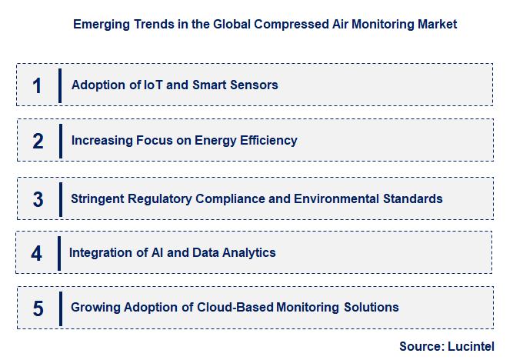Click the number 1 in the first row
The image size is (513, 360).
pyautogui.click(x=36, y=85)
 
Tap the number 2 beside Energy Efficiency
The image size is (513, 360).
pyautogui.click(x=38, y=141)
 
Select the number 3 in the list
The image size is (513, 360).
pyautogui.click(x=38, y=198)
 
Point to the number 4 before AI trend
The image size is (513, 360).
pyautogui.click(x=37, y=253)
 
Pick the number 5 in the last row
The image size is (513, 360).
pyautogui.click(x=38, y=308)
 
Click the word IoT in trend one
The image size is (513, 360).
pyautogui.click(x=153, y=85)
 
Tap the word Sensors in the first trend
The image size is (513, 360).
pyautogui.click(x=253, y=85)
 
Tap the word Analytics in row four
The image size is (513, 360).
pyautogui.click(x=249, y=252)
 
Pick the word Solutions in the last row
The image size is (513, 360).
pyautogui.click(x=371, y=308)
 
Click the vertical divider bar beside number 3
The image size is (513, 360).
pyautogui.click(x=60, y=198)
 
